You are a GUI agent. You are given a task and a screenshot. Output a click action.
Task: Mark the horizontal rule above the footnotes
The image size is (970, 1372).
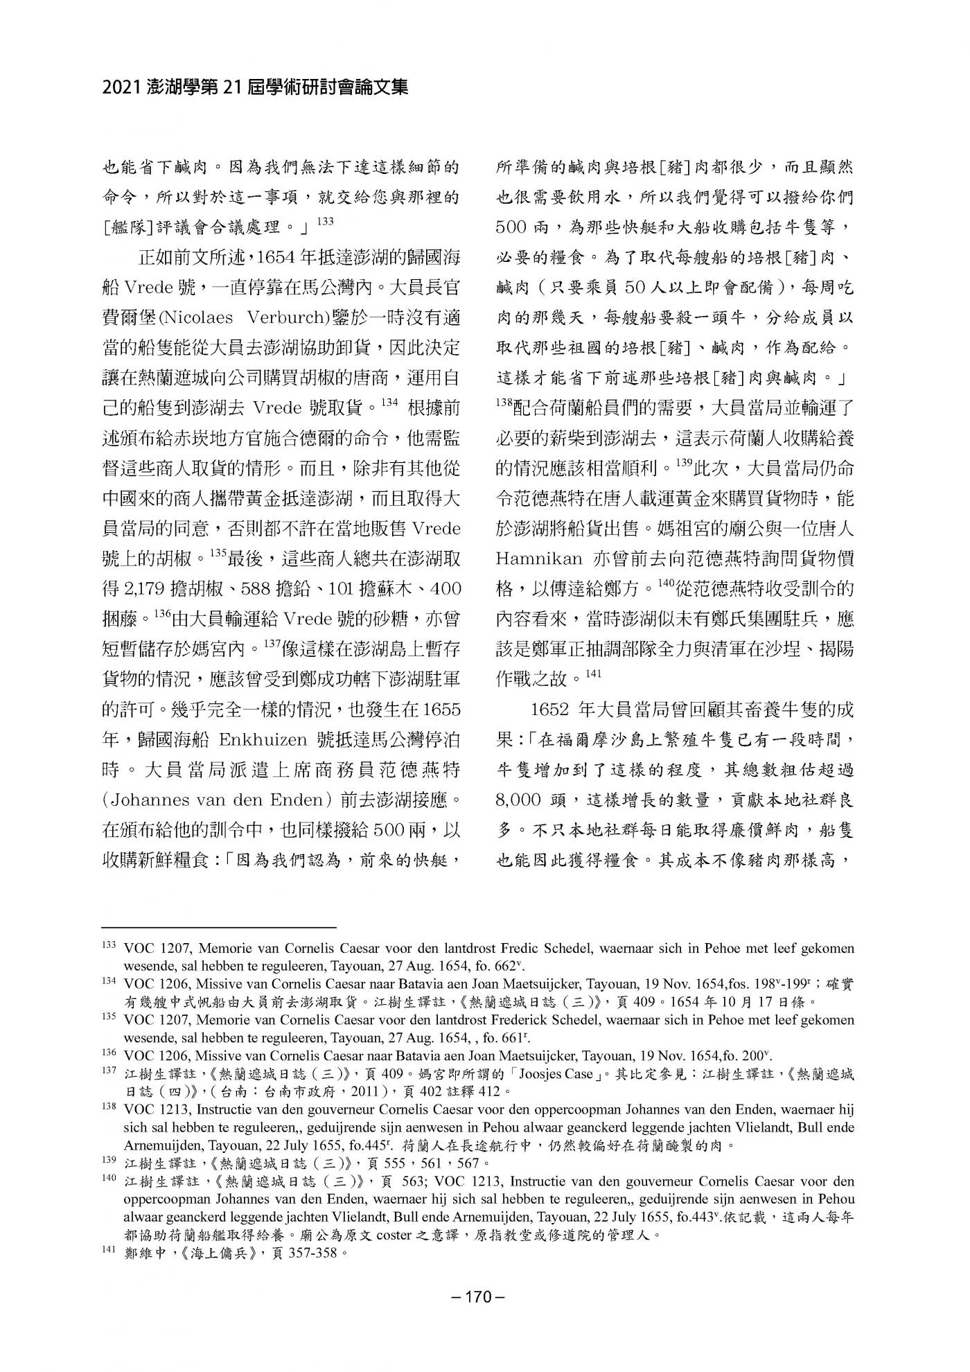pos(218,926)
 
